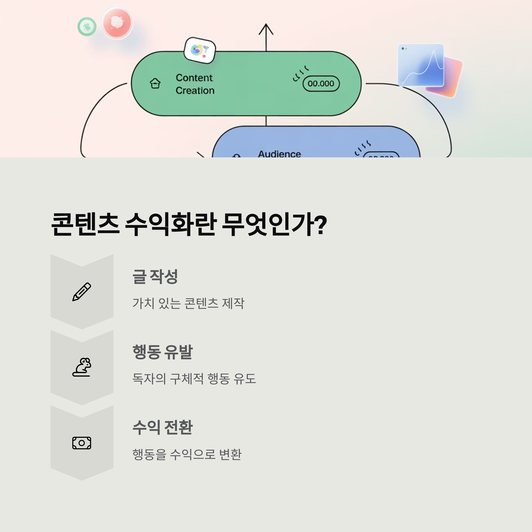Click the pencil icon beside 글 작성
coord(82,292)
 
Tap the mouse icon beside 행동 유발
coord(82,367)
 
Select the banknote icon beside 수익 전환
coord(82,443)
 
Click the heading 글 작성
coord(155,276)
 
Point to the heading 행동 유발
coord(162,352)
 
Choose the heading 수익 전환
coord(162,427)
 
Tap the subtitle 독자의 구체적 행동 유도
coord(194,379)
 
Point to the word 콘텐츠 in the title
coord(85,224)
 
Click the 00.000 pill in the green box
coord(321,83)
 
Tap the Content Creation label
coord(195,84)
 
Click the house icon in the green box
coord(155,83)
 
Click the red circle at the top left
coord(117,23)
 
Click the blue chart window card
coord(421,65)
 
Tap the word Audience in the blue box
coord(279,154)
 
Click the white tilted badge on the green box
coord(200,50)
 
